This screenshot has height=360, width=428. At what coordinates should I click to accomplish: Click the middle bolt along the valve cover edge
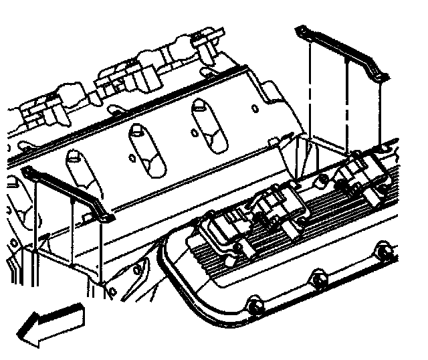[320, 278]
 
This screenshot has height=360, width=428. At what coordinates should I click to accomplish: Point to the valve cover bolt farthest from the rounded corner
[383, 252]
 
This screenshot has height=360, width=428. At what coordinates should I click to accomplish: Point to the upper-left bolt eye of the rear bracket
[303, 29]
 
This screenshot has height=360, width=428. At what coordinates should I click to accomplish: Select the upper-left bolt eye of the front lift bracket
[28, 172]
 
